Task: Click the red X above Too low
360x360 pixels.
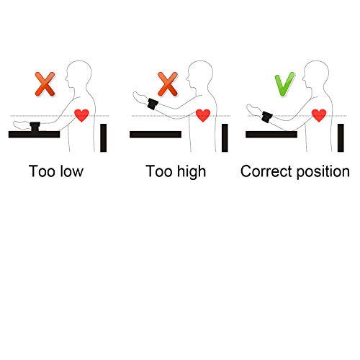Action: (45, 84)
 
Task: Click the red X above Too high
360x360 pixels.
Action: (168, 84)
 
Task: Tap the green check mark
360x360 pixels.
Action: (284, 84)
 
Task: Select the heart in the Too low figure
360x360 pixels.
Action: (81, 115)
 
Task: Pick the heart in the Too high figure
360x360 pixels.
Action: (203, 115)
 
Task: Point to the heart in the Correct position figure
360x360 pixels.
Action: (319, 115)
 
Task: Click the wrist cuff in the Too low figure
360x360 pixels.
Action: (35, 127)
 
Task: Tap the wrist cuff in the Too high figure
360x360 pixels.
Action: (153, 104)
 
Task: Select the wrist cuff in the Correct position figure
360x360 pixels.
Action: (267, 117)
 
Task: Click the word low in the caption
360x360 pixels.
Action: (71, 171)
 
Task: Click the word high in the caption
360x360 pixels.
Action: (192, 172)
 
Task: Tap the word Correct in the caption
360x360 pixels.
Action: (266, 171)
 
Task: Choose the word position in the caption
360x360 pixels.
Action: (323, 172)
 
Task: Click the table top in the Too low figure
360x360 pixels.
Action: (34, 135)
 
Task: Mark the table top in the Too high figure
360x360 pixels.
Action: (156, 135)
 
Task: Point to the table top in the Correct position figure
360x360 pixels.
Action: (271, 135)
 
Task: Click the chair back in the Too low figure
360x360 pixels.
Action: (104, 138)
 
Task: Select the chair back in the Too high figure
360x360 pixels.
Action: (225, 138)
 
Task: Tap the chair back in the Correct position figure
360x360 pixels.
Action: (341, 138)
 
